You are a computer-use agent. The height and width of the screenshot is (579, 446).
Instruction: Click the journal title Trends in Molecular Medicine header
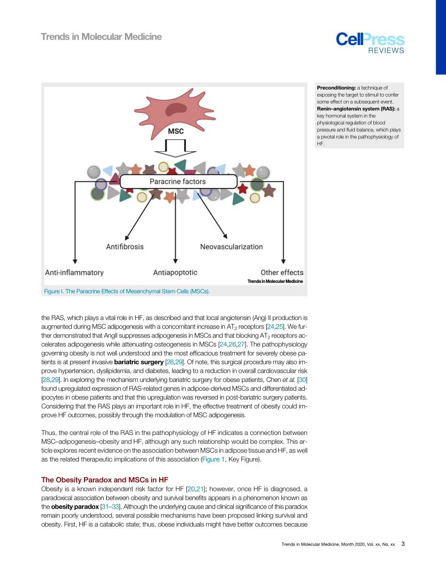(101, 37)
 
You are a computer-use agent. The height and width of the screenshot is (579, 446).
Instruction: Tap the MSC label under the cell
(176, 131)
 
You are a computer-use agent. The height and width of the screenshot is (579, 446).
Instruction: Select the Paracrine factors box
(177, 181)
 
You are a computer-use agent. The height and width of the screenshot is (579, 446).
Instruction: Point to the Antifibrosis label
(124, 246)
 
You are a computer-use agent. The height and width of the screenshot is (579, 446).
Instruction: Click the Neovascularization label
(231, 246)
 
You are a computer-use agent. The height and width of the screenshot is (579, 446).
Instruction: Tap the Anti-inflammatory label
(74, 272)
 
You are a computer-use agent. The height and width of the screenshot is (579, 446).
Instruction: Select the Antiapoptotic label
(175, 272)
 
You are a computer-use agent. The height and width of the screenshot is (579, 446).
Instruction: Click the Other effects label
(282, 272)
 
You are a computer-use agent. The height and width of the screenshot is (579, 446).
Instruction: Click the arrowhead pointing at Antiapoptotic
(175, 260)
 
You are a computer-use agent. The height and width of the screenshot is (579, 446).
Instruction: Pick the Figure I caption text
(127, 291)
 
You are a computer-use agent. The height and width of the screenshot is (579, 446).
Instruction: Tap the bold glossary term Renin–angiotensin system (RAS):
(356, 109)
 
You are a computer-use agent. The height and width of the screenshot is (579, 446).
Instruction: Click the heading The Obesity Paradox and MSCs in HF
(105, 480)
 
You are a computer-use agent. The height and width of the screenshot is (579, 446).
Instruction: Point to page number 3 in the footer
(403, 544)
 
